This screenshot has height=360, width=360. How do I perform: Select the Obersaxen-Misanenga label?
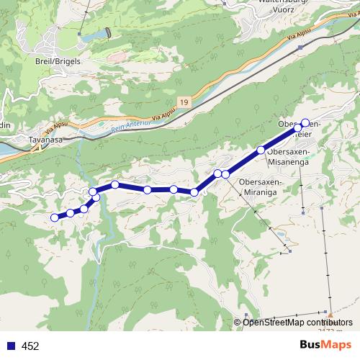coord(288,157)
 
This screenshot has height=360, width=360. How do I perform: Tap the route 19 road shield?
coord(186,103)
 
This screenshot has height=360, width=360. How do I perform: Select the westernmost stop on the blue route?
coord(55,217)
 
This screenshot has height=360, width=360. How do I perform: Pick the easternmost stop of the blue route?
coord(305,122)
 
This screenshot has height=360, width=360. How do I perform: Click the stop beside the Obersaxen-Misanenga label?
coord(261,150)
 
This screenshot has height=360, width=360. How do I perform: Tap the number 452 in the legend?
coord(30,346)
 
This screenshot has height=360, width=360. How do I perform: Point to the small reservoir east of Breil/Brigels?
coord(92,35)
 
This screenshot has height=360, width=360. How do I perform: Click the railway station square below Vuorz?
coord(300,47)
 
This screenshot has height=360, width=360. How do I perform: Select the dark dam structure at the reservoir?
coord(109,32)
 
